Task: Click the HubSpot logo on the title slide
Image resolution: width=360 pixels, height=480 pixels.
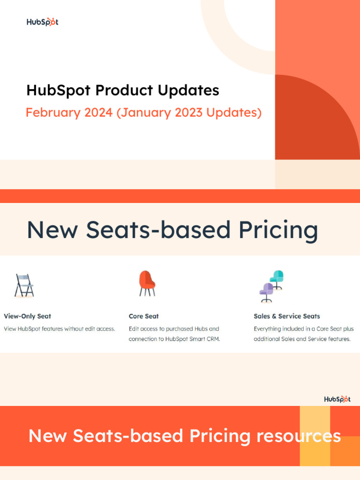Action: [42, 22]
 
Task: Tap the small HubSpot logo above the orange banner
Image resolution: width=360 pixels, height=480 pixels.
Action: [337, 399]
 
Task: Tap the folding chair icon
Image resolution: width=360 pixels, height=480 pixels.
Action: [24, 285]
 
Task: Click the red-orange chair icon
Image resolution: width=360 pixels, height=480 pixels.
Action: [147, 283]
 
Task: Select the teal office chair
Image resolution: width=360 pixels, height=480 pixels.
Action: [277, 279]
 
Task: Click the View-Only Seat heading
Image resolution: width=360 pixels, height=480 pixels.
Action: [27, 316]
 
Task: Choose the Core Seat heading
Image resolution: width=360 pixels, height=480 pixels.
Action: [144, 316]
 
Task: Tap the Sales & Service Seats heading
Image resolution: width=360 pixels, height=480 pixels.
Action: [287, 316]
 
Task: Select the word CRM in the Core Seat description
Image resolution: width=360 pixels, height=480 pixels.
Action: [212, 339]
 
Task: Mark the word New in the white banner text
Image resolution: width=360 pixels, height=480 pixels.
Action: [45, 436]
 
